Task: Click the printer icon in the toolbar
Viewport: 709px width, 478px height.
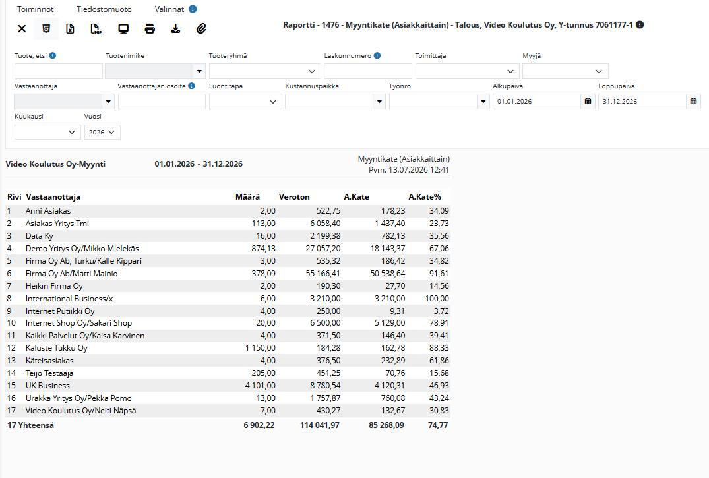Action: (x=150, y=29)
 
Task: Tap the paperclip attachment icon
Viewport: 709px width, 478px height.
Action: (x=201, y=29)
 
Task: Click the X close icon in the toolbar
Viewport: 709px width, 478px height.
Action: (x=22, y=29)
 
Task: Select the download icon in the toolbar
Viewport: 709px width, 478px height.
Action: (x=175, y=29)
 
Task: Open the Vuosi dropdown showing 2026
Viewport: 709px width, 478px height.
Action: (x=102, y=132)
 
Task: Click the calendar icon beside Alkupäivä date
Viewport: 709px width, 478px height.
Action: (x=588, y=102)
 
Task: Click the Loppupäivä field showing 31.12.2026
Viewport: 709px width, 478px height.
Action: (x=642, y=102)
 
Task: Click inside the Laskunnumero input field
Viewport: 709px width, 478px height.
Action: (x=368, y=71)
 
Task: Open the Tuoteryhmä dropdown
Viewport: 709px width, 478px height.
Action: (x=265, y=71)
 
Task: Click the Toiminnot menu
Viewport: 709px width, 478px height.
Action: (x=35, y=9)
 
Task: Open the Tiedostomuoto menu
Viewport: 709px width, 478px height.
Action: (x=104, y=9)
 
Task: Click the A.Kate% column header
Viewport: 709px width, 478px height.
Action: (x=425, y=197)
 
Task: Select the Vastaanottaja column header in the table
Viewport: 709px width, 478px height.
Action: (x=53, y=197)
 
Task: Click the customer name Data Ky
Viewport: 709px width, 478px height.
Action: (x=40, y=236)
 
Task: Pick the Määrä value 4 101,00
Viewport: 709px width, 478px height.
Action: (x=261, y=386)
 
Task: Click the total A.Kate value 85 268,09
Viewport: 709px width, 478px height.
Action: (x=386, y=425)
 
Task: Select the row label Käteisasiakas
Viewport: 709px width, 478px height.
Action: (x=49, y=361)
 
